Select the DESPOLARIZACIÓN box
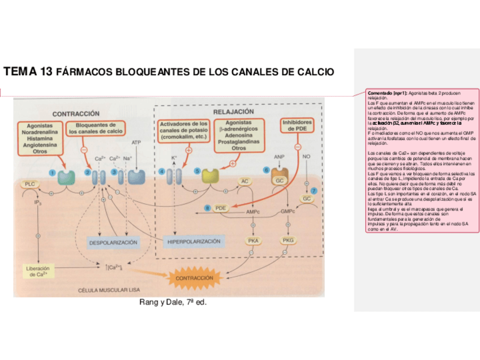113,242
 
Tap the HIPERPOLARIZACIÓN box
194,242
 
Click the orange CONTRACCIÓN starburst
195,278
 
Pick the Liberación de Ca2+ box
38,271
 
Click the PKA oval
252,241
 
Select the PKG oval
288,241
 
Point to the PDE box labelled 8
221,208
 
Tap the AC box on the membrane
245,181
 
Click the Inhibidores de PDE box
297,125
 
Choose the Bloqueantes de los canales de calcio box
96,128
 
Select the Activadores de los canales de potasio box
183,130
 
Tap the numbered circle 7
313,191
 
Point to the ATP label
136,143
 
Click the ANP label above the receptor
278,155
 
